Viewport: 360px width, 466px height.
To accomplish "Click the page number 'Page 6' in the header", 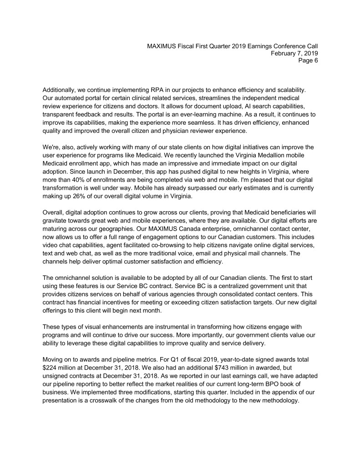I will click(x=308, y=61).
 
